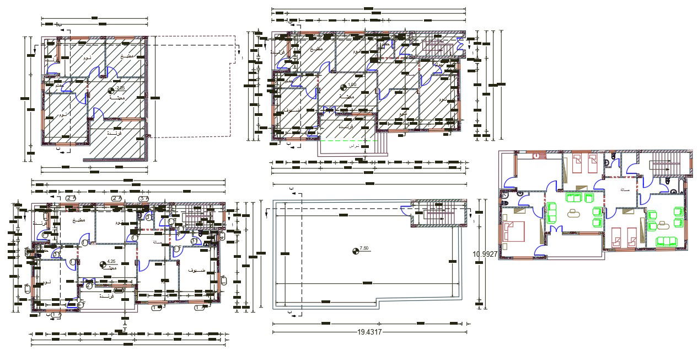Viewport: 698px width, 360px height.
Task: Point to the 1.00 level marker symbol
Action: coord(344,87)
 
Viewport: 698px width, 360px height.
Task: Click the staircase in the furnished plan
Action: coord(663,165)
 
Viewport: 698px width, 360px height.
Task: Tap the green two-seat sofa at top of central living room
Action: coord(575,197)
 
